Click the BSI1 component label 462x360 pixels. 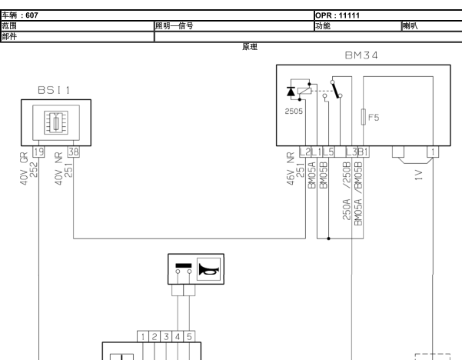coord(55,90)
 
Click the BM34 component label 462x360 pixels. coord(361,55)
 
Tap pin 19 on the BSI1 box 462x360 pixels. coord(38,152)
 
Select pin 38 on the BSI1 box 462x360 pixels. coord(73,152)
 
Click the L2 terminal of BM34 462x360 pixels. coord(305,152)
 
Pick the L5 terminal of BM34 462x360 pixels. coord(328,152)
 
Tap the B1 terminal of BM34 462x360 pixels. coord(364,152)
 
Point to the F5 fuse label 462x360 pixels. coord(374,118)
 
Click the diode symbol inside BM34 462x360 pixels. coord(291,92)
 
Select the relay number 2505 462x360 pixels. coord(294,112)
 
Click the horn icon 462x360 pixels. coord(208,270)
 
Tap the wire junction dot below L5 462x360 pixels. coord(328,238)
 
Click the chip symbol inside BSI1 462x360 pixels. coord(56,122)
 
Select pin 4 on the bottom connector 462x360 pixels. coord(178,336)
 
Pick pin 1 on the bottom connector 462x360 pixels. coord(143,336)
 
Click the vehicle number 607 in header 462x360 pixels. coord(32,15)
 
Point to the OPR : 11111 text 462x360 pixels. coord(337,15)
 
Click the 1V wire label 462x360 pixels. coord(419,175)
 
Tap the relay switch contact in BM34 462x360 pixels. coord(336,89)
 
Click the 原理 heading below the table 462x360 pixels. coord(250,47)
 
